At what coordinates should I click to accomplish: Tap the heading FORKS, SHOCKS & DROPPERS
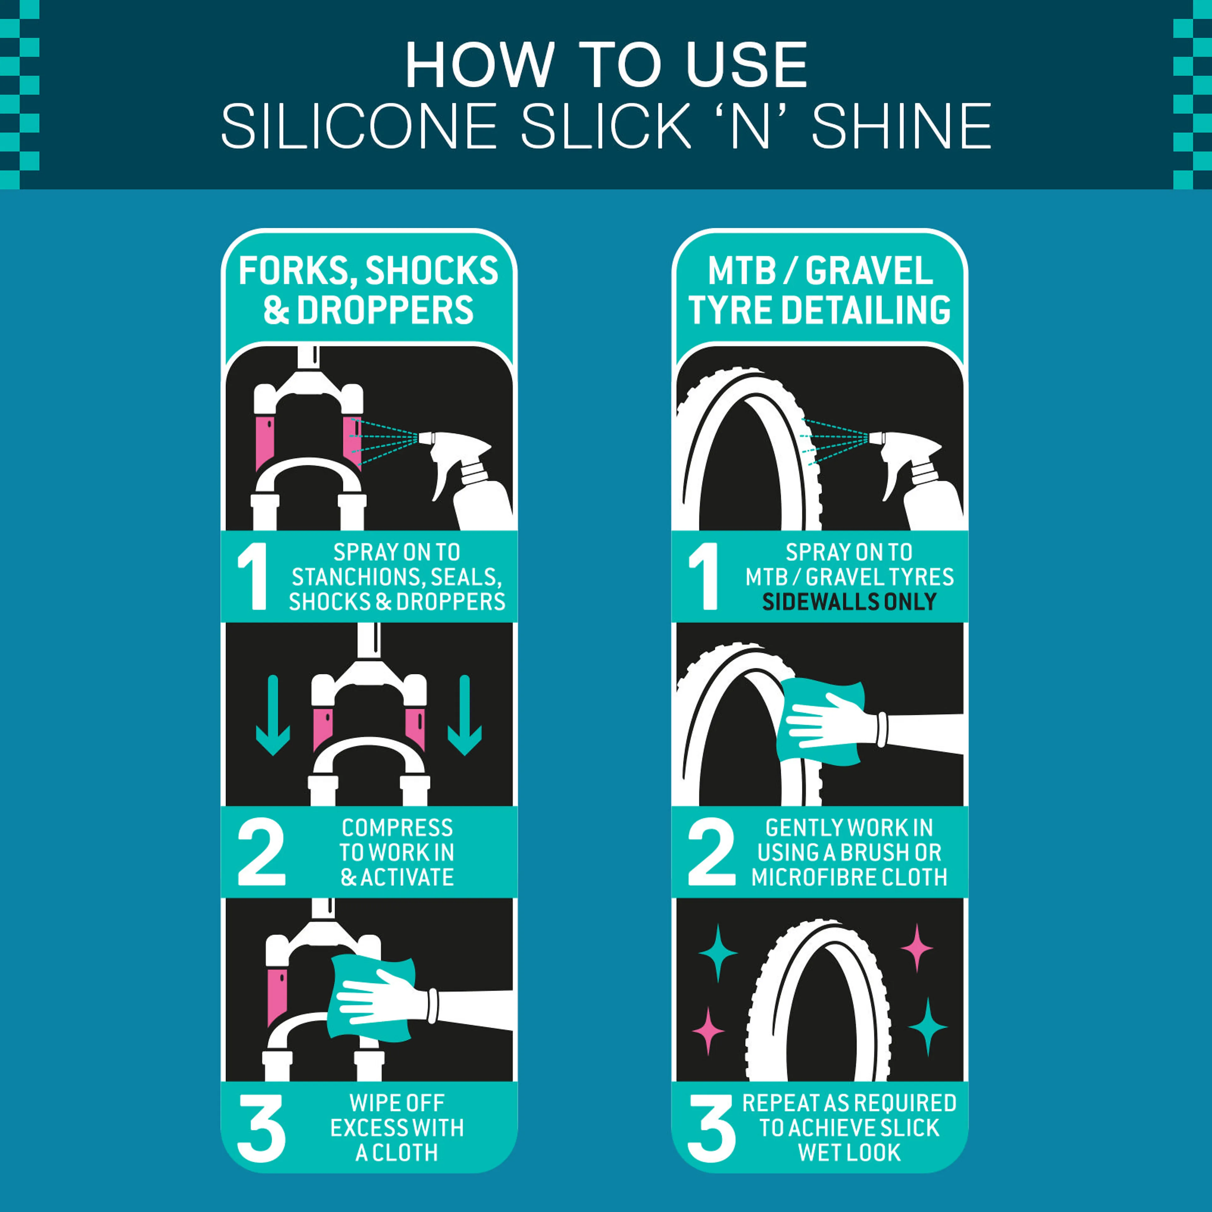click(368, 290)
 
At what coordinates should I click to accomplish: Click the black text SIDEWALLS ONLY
click(849, 602)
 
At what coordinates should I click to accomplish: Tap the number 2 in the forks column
click(261, 852)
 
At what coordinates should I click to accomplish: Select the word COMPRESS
click(397, 828)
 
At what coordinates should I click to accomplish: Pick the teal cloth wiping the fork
click(370, 997)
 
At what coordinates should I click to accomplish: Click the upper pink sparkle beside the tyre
click(917, 947)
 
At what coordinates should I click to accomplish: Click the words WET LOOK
click(849, 1152)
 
